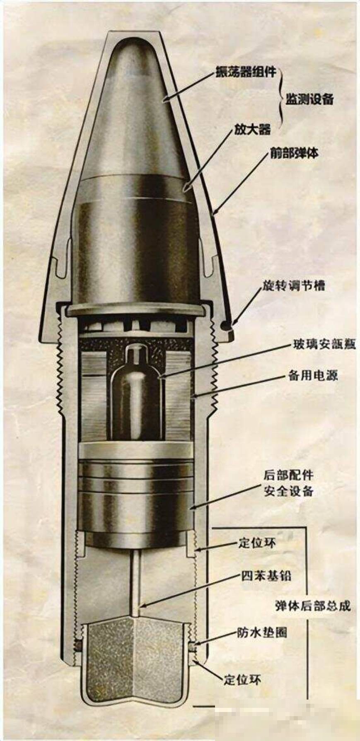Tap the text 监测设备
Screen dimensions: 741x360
[309, 99]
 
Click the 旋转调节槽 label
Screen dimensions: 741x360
[293, 286]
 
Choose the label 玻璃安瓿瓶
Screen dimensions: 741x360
[324, 344]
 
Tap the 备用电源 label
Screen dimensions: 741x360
[313, 375]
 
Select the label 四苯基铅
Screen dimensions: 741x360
[266, 576]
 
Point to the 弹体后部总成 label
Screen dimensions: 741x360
[313, 606]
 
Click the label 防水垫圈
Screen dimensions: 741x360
[262, 633]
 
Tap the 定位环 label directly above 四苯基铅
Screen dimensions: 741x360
[257, 543]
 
